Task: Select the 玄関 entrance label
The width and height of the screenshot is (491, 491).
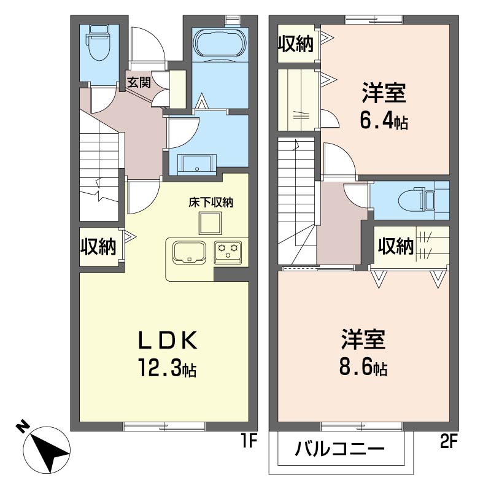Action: pyautogui.click(x=139, y=82)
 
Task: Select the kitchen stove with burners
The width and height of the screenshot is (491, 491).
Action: pyautogui.click(x=229, y=251)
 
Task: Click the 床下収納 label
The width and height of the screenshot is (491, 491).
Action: pyautogui.click(x=211, y=201)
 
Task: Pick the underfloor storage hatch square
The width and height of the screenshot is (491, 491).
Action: pyautogui.click(x=211, y=223)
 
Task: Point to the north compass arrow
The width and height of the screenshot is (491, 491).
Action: pyautogui.click(x=44, y=448)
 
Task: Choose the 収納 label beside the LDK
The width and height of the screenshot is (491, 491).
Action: pyautogui.click(x=98, y=246)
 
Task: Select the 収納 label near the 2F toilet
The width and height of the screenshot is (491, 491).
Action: pyautogui.click(x=395, y=247)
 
